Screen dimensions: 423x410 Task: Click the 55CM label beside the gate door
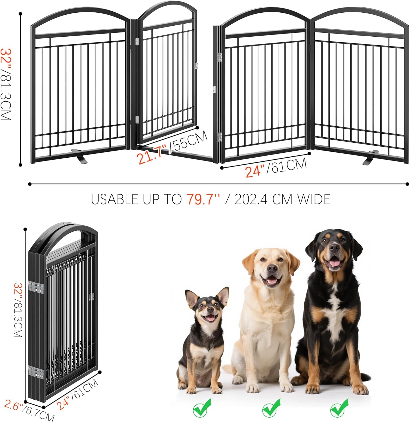pyautogui.click(x=189, y=142)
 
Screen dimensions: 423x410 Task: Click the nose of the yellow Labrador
pyautogui.click(x=272, y=268)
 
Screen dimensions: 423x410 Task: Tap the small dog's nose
pyautogui.click(x=210, y=310)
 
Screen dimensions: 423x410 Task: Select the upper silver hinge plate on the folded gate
pyautogui.click(x=36, y=287)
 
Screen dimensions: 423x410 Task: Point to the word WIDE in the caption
pyautogui.click(x=314, y=200)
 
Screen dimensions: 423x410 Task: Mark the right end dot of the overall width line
pyautogui.click(x=407, y=184)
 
